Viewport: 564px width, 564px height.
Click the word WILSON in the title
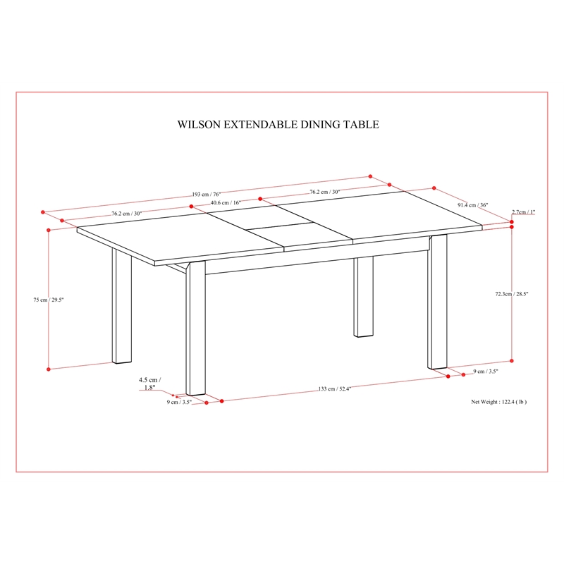point(199,125)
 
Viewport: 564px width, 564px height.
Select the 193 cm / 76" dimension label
point(206,195)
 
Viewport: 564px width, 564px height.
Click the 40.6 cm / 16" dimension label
point(226,202)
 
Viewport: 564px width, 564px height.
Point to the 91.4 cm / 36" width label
point(472,205)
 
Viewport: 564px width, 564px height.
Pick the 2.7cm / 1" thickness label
point(523,212)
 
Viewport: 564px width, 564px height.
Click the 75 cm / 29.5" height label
point(49,300)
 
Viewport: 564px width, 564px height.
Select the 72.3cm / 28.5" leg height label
point(512,294)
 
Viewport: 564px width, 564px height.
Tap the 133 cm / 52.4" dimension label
point(334,389)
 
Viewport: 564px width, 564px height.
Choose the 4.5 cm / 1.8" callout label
point(149,384)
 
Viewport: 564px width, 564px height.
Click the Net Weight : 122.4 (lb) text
point(499,402)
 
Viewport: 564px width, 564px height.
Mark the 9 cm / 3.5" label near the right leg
point(486,372)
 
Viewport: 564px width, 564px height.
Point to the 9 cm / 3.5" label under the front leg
point(179,402)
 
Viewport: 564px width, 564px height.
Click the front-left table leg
point(196,329)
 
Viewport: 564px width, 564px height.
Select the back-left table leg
point(121,306)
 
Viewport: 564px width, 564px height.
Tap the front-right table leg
point(437,302)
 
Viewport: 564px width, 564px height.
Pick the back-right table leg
point(363,297)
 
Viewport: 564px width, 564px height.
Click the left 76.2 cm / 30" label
point(127,214)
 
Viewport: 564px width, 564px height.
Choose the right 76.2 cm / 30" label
point(325,192)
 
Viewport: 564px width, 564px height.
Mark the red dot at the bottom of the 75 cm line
point(49,369)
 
